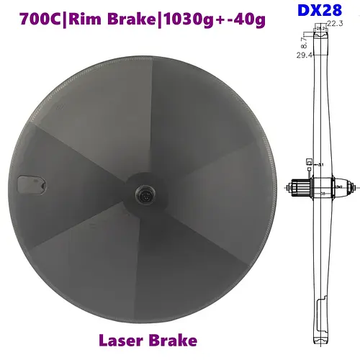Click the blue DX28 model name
(316, 11)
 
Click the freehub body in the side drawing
(297, 187)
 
